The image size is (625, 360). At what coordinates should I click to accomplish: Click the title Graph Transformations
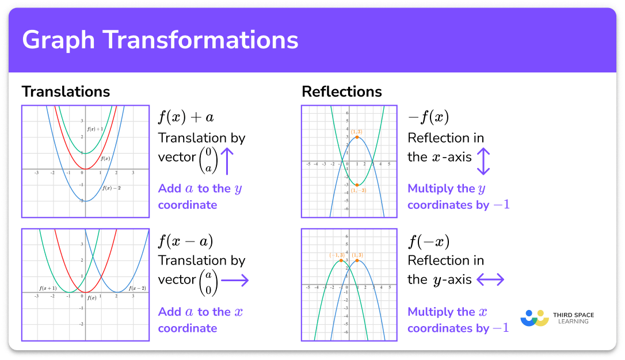point(160,41)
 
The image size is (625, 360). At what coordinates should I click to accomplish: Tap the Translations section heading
point(66,91)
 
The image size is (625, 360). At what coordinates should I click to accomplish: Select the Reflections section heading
point(341,91)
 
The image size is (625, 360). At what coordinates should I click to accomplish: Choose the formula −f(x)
point(428,117)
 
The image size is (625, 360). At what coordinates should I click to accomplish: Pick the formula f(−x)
point(428,241)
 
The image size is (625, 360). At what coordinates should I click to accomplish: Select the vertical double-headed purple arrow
point(483,161)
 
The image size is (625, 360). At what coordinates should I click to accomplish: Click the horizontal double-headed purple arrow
point(490,280)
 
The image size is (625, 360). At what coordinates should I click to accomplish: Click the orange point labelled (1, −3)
point(357,185)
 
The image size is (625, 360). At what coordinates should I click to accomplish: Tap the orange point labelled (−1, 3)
point(341,261)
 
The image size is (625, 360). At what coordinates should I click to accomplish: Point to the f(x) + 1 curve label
point(95,129)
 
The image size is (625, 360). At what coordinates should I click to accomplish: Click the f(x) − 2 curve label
point(111,187)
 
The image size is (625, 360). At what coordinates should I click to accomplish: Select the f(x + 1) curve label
point(48,288)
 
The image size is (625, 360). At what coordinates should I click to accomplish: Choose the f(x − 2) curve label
point(137,288)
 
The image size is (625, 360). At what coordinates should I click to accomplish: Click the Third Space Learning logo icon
point(534,318)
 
